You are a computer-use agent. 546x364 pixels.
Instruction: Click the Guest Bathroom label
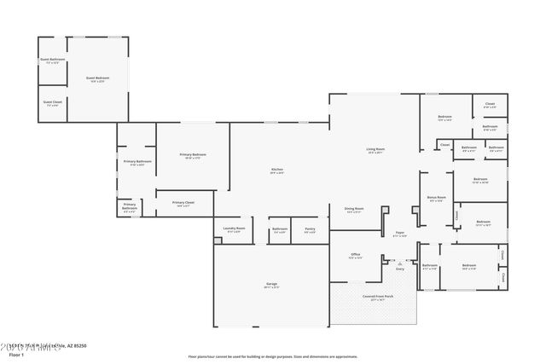(52, 61)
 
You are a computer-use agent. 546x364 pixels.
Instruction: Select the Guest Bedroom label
(96, 79)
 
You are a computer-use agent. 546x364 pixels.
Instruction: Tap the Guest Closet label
(52, 102)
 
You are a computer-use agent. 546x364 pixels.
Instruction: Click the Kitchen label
(277, 170)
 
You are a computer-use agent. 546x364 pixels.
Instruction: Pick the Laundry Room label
(234, 228)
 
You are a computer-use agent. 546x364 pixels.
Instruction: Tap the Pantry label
(310, 228)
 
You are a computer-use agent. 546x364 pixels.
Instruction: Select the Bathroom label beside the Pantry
(280, 228)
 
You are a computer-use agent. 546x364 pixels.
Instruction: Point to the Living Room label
(375, 151)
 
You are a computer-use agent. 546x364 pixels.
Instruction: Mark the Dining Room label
(354, 209)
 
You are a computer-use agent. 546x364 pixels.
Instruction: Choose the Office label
(356, 255)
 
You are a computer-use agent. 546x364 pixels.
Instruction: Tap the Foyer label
(399, 234)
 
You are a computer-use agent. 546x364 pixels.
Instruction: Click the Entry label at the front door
(399, 269)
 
